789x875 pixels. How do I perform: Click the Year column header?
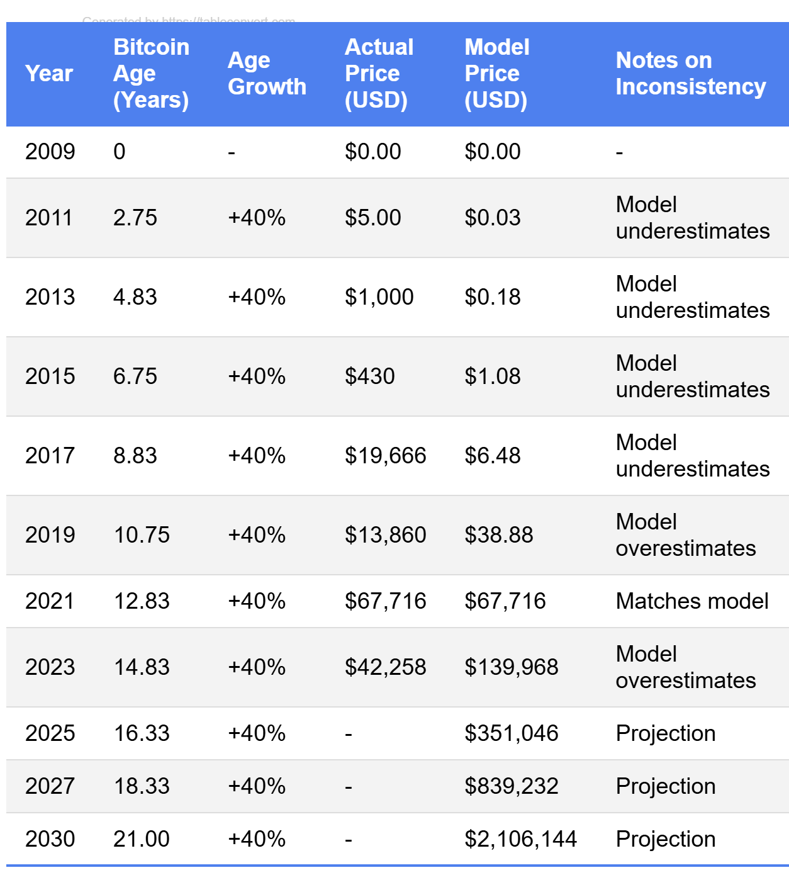pos(49,74)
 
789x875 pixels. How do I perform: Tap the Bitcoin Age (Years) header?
pos(151,74)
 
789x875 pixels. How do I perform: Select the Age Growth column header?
pos(267,74)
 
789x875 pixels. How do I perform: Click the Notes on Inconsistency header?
pos(690,74)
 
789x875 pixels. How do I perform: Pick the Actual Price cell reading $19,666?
pos(385,456)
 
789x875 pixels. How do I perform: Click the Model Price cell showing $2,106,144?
pos(520,839)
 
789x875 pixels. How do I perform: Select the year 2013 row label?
pos(50,297)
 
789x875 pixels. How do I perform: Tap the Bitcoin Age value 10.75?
pos(142,535)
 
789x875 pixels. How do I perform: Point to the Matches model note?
pos(692,601)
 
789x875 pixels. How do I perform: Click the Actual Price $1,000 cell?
pos(379,297)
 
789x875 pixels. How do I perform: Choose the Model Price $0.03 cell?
pos(492,218)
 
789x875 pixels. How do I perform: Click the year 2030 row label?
pos(50,839)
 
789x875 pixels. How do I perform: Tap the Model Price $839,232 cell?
pos(511,786)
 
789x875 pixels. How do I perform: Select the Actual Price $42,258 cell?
pos(385,667)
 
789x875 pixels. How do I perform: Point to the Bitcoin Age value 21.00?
pos(142,839)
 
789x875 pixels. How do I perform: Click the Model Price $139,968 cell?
pos(511,667)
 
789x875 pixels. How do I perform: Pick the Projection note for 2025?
pos(666,733)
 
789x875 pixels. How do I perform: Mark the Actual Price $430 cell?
pos(369,376)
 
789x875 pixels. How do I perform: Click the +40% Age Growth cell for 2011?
pos(257,218)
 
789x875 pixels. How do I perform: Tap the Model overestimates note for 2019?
pos(686,535)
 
